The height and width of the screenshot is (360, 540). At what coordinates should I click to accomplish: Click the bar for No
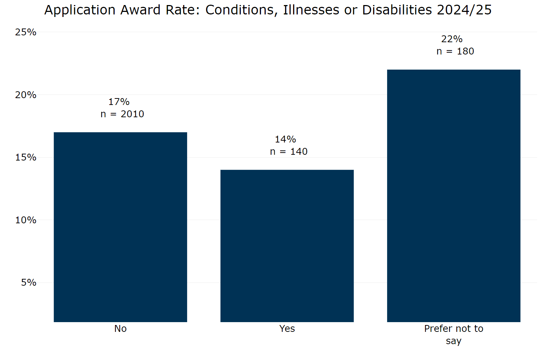[120, 227]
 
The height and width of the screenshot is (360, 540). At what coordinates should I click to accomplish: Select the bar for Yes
[287, 246]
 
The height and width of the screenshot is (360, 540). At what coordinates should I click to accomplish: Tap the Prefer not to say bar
[453, 196]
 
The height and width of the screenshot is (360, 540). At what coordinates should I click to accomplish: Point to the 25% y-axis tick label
[26, 32]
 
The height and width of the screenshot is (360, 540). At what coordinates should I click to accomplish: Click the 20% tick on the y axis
[26, 95]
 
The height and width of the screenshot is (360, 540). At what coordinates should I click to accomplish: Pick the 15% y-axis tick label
[26, 157]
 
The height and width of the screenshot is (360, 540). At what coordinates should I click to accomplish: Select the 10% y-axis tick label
[26, 220]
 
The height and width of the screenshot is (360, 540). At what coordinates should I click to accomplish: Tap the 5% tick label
[28, 282]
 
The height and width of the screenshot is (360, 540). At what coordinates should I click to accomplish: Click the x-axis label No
[120, 329]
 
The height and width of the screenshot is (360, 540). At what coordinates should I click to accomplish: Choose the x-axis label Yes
[287, 329]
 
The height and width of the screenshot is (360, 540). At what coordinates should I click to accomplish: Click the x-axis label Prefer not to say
[453, 334]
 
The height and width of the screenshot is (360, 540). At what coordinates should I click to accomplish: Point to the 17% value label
[119, 102]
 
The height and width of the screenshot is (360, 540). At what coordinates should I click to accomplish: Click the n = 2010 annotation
[122, 114]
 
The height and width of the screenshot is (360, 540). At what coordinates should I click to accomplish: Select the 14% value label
[286, 139]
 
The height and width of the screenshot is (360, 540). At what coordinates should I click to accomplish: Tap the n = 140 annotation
[289, 152]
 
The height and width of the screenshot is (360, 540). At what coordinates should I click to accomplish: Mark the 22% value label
[452, 39]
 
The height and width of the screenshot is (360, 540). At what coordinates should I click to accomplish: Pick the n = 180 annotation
[455, 51]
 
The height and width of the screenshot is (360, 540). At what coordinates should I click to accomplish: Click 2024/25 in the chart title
[464, 10]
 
